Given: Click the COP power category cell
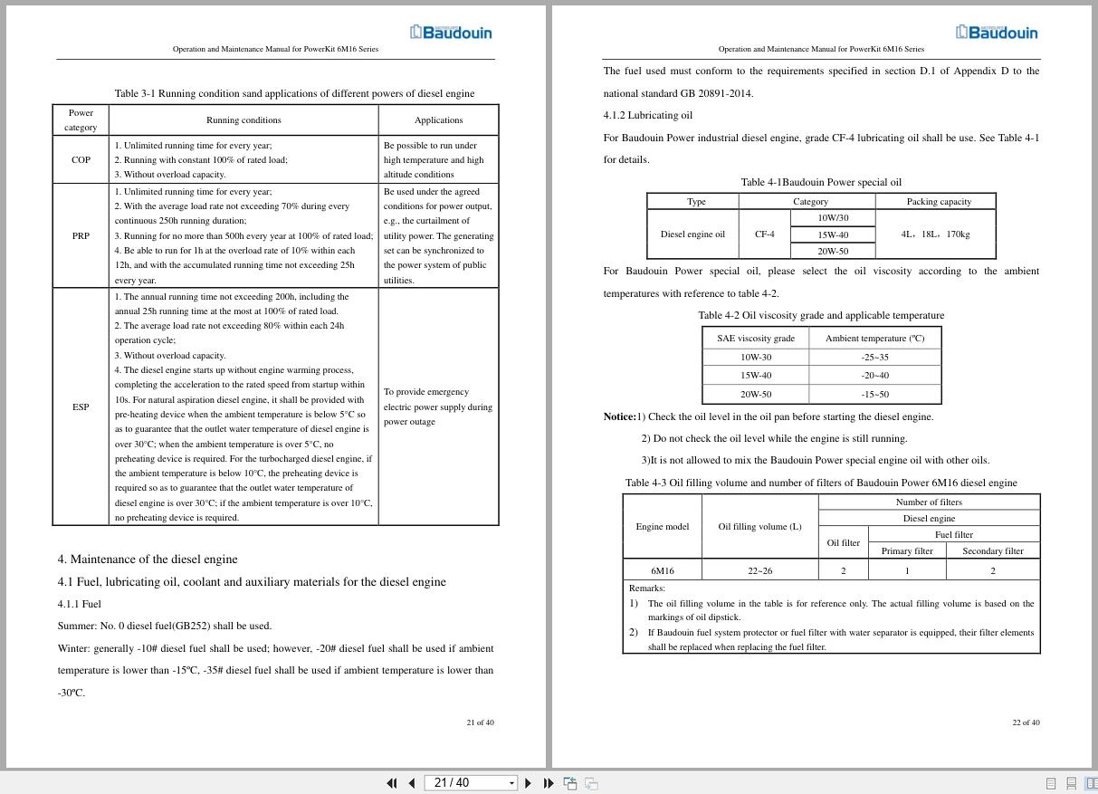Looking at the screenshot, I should tap(81, 159).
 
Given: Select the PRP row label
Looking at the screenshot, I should tap(81, 235).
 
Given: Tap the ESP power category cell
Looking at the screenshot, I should tap(81, 407).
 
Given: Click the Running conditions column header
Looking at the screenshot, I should tap(243, 120).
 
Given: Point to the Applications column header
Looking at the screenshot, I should tap(438, 120).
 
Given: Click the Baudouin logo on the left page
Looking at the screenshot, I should tap(451, 33).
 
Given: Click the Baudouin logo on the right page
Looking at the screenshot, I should tap(997, 33).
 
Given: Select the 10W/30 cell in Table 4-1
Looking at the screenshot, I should tap(833, 218).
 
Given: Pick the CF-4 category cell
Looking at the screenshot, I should tap(765, 234).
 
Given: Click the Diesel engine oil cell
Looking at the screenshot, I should tap(692, 234).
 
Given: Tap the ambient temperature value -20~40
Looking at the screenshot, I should tap(874, 375).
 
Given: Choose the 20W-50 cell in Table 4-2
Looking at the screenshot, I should tap(756, 394).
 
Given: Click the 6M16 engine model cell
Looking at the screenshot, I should tap(662, 570).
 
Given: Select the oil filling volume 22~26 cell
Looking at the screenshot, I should tap(759, 570).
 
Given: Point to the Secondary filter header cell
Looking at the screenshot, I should tap(992, 550).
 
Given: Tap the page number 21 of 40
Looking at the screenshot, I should tap(480, 722).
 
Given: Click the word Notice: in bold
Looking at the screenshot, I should tap(619, 416).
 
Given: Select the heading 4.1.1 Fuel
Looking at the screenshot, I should tap(80, 604).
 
